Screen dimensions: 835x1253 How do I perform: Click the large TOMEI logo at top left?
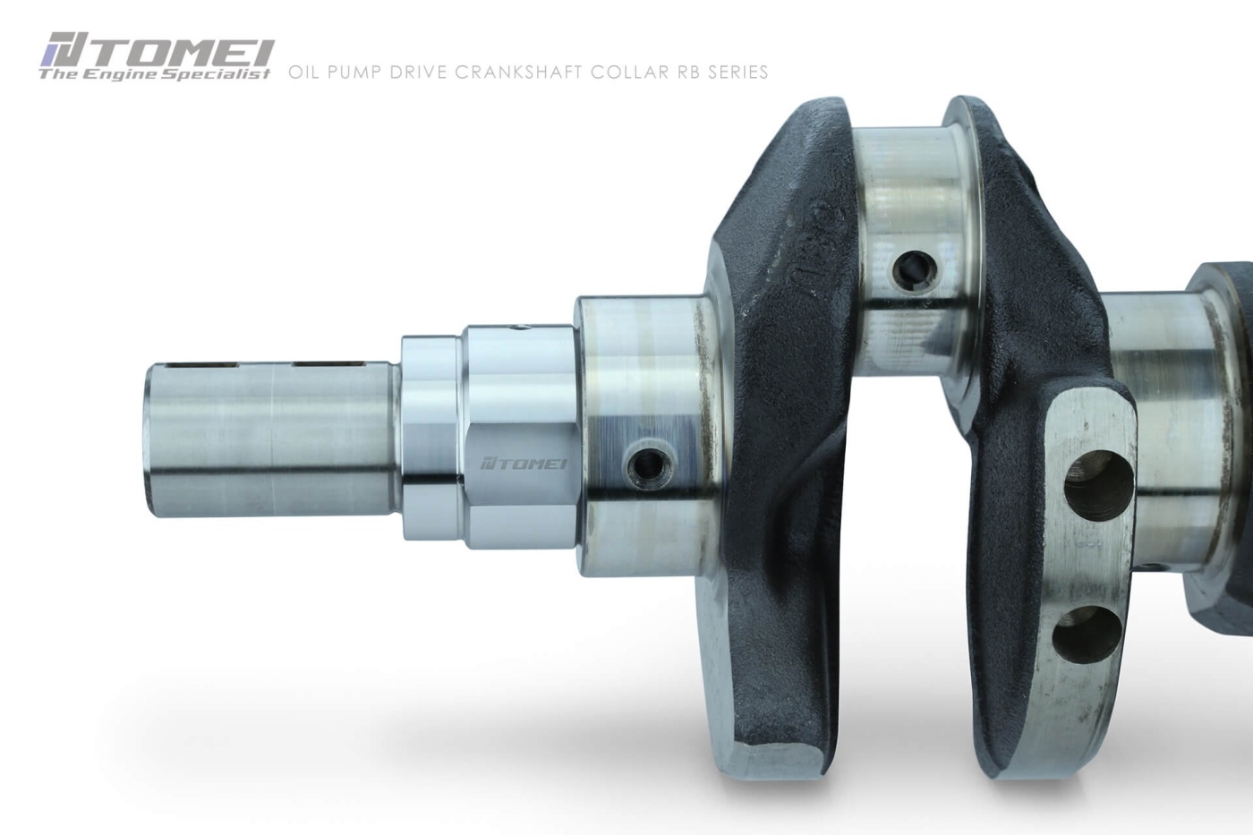(157, 52)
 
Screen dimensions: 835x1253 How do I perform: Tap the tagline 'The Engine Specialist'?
(154, 75)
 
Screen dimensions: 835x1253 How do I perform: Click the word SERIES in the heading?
(737, 72)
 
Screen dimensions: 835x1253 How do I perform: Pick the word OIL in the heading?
(303, 72)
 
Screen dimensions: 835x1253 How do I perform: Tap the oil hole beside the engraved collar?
(644, 464)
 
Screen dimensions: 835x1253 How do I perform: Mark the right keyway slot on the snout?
(328, 364)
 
